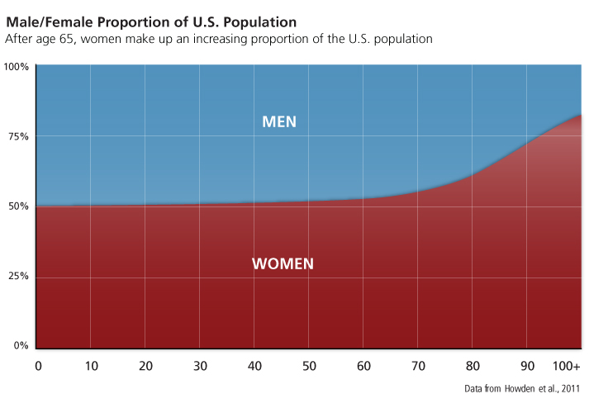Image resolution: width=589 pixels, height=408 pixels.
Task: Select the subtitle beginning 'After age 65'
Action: tap(219, 39)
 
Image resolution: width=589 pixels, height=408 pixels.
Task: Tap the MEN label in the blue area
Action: tap(279, 122)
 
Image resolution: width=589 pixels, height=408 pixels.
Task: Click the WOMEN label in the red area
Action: tap(283, 264)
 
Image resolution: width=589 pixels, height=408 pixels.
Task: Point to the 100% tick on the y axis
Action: tap(17, 66)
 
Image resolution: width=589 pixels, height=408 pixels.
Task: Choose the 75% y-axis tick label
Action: tap(19, 136)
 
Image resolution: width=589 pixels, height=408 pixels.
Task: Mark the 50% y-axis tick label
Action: tap(19, 206)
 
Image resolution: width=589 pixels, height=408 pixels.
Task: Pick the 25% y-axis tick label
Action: tap(19, 277)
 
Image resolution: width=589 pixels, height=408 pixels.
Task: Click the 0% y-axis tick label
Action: tap(21, 346)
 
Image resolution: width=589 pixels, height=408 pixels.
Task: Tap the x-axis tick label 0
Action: tap(37, 365)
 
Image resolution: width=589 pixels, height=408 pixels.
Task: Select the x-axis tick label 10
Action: tap(90, 365)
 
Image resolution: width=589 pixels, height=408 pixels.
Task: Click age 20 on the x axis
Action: tap(145, 365)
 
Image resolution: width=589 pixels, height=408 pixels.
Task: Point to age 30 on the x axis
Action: tap(199, 365)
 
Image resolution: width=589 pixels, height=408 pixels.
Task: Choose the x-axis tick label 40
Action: tap(254, 365)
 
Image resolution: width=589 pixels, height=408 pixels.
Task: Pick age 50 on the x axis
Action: tap(308, 365)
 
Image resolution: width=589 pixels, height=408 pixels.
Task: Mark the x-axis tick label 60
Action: tap(363, 365)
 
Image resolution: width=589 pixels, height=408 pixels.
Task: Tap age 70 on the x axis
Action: tap(417, 365)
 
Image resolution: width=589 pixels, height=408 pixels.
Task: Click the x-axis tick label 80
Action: tap(472, 365)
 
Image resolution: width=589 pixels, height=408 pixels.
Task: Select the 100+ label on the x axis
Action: tap(567, 365)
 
